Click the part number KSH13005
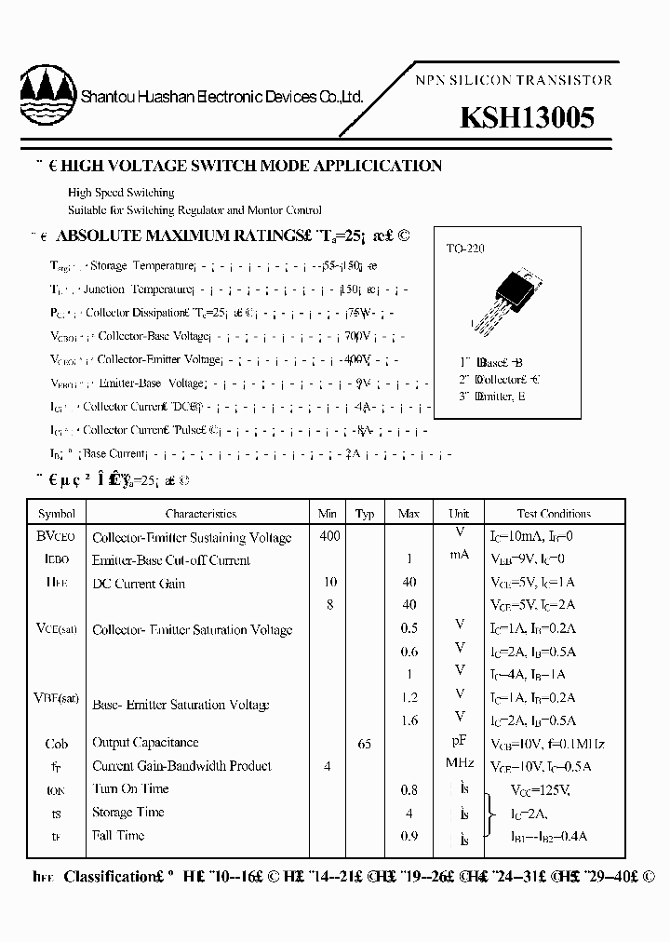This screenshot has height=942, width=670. pos(527,118)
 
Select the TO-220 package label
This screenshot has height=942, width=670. pos(464,249)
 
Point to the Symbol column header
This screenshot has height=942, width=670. pos(57,514)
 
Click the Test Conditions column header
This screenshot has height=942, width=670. pos(554,514)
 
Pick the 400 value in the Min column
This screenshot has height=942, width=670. pos(329,536)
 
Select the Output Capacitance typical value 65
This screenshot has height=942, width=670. pos(365,744)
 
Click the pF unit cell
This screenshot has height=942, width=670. pos(459,743)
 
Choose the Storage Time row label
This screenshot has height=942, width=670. pos(127,813)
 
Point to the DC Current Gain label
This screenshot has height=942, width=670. pos(139,584)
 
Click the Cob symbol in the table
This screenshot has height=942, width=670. pos(57,744)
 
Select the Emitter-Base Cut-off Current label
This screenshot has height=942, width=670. pos(171,560)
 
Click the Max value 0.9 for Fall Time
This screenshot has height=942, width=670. pos(409,836)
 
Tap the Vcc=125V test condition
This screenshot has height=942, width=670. pos(540,789)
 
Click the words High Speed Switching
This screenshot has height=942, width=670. pos(121,193)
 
